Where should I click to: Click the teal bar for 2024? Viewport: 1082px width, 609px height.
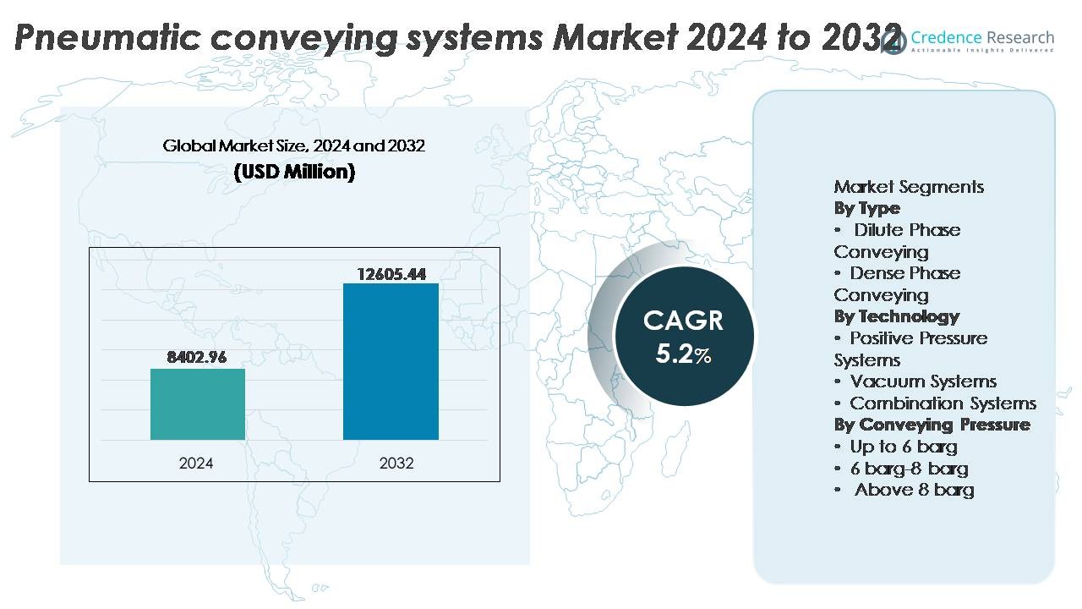[198, 404]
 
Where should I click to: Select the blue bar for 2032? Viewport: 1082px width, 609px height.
[391, 361]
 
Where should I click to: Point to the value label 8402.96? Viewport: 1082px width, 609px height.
[197, 357]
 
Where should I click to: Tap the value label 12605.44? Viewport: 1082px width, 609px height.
[391, 273]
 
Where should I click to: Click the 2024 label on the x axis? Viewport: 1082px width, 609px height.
[196, 464]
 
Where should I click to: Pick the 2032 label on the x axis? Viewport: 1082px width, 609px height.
[396, 464]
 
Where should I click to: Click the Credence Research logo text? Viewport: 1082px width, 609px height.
[982, 38]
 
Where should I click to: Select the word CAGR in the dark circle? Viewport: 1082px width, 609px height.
[683, 321]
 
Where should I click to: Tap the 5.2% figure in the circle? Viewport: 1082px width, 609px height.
[683, 354]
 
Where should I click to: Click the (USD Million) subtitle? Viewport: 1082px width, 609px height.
[294, 172]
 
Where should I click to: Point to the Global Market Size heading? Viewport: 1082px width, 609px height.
[294, 145]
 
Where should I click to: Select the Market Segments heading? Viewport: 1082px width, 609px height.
[909, 187]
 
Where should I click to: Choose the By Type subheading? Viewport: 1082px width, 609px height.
[866, 208]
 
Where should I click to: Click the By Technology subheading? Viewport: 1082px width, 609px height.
[896, 316]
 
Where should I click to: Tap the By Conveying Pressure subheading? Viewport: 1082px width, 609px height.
[932, 425]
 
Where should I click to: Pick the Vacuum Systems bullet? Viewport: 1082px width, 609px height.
[923, 381]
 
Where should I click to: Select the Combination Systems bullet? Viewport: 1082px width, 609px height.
[943, 403]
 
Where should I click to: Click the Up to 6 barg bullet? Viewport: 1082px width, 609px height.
[903, 447]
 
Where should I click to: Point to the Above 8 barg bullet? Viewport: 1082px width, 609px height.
[914, 490]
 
